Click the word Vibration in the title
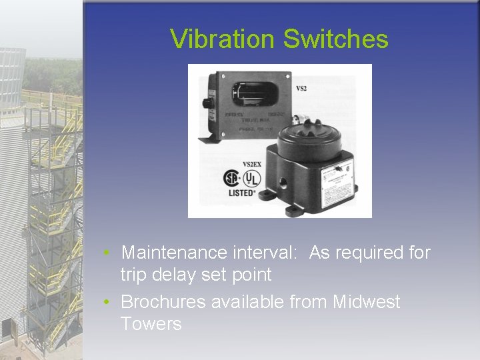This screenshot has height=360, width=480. click(223, 39)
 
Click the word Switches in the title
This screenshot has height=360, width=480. click(335, 39)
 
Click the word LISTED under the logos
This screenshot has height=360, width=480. click(241, 193)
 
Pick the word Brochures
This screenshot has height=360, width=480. click(163, 302)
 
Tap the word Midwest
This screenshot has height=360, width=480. click(366, 302)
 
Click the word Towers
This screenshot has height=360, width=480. click(151, 324)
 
